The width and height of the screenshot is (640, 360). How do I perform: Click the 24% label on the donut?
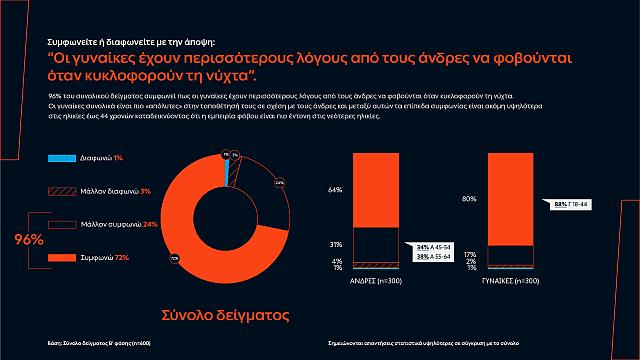pyautogui.click(x=279, y=183)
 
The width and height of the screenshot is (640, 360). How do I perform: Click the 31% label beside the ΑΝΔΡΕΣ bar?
pyautogui.click(x=335, y=245)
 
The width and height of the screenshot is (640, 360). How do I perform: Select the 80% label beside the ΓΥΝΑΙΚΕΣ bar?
pyautogui.click(x=469, y=199)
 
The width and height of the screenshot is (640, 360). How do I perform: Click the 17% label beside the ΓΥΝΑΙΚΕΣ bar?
pyautogui.click(x=469, y=254)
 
